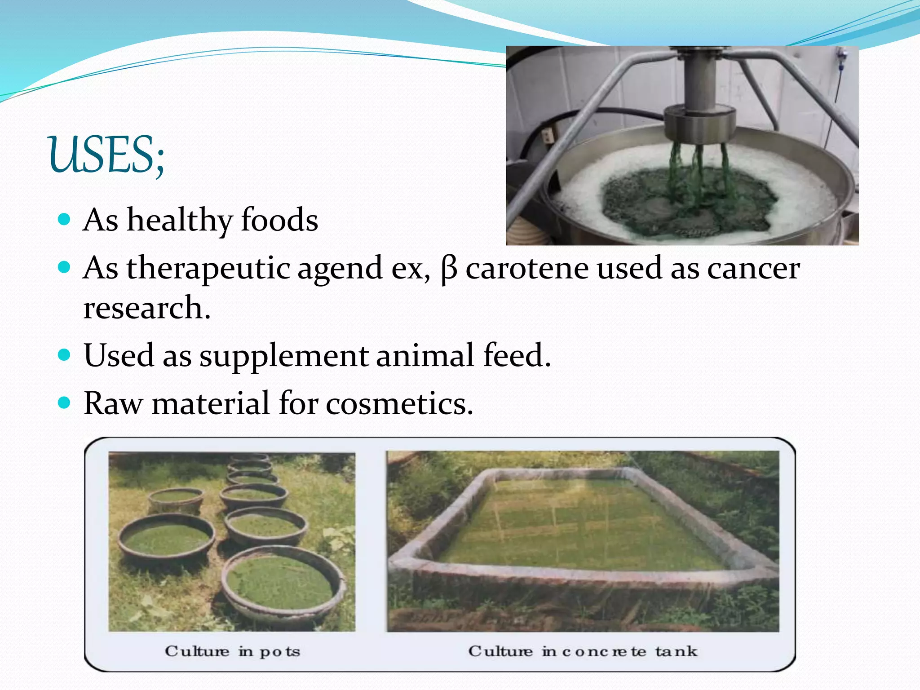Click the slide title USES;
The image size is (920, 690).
[x=106, y=155]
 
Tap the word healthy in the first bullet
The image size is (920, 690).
[x=179, y=220]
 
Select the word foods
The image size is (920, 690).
[x=279, y=220]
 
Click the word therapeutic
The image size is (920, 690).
[x=208, y=268]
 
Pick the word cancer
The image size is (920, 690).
[x=753, y=268]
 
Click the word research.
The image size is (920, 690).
[x=146, y=308]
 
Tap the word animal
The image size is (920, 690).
[x=425, y=355]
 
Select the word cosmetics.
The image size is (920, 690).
[x=399, y=403]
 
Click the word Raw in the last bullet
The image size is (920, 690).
[x=113, y=403]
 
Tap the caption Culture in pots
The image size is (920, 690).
[x=232, y=651]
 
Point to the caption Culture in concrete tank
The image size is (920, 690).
[x=583, y=651]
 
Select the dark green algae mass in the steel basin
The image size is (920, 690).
[x=687, y=202]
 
